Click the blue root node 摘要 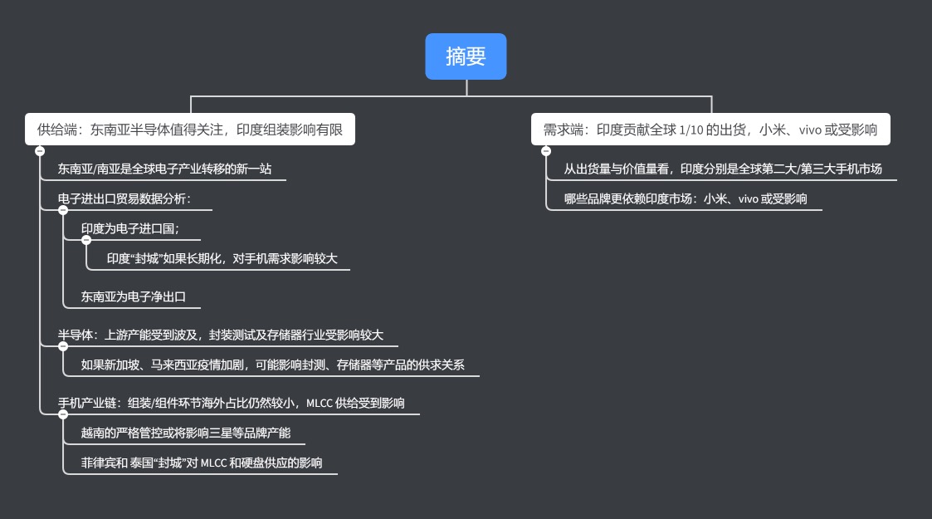(466, 56)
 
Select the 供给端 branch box (190, 130)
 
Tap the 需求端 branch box (710, 130)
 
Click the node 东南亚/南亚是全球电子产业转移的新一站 (164, 169)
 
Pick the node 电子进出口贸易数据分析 (124, 198)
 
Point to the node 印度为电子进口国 (130, 228)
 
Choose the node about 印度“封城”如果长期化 (222, 258)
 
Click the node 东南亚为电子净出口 (133, 296)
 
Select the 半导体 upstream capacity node (221, 335)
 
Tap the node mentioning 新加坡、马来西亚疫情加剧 (272, 365)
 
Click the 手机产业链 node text (231, 404)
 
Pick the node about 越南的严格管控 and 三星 (186, 433)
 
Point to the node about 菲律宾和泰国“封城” (202, 463)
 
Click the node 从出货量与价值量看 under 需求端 (723, 169)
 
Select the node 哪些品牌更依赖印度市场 (686, 198)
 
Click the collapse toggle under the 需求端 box (546, 151)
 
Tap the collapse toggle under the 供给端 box (40, 151)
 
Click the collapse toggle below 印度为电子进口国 (86, 240)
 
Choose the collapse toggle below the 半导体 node (63, 346)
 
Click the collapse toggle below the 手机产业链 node (63, 414)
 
